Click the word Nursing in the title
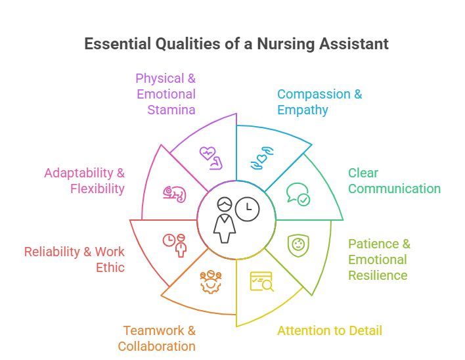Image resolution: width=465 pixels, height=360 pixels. tap(286, 44)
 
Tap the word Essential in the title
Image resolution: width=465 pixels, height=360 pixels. tap(118, 43)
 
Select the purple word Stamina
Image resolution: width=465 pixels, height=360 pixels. tap(171, 110)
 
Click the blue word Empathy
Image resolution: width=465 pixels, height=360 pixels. tap(303, 110)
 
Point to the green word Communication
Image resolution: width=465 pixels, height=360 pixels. tap(395, 189)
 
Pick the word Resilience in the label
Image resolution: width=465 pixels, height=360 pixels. tap(378, 275)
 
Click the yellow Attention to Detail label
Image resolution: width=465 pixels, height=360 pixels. tap(330, 330)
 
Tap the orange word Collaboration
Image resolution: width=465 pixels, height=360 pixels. tap(156, 346)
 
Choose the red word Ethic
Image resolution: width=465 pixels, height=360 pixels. tap(110, 267)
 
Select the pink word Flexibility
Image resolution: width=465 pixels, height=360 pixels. tap(97, 189)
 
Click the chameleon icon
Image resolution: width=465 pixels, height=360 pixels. tap(175, 194)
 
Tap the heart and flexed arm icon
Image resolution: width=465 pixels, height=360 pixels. tap(211, 158)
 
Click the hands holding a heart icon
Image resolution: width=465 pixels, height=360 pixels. tap(262, 158)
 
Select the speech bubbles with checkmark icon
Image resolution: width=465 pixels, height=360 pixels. tap(298, 194)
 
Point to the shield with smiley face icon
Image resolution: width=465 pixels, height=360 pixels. tap(298, 246)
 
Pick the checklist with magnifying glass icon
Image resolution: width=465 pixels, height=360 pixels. tap(262, 281)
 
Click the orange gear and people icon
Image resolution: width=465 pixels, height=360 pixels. tap(211, 282)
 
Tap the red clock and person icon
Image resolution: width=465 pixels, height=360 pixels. tap(175, 246)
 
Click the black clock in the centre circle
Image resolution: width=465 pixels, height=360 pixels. tap(248, 209)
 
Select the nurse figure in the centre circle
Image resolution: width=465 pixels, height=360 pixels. tap(225, 220)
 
